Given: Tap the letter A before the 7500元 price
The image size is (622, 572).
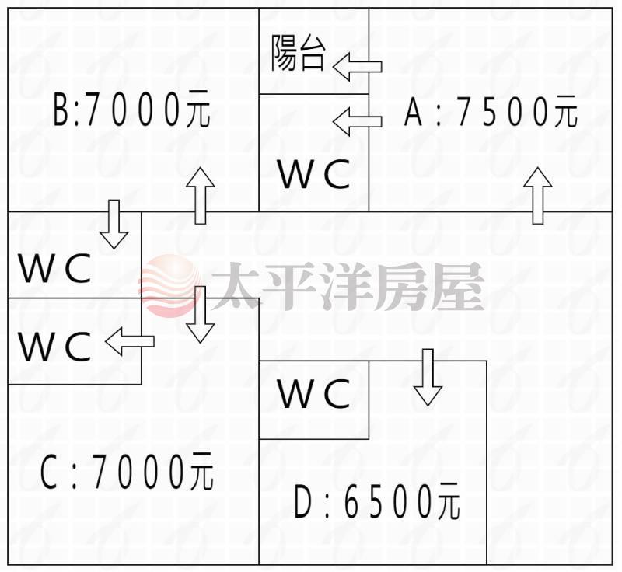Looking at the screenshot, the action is (x=413, y=112).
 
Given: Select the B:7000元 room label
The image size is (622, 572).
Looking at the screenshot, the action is (x=131, y=109).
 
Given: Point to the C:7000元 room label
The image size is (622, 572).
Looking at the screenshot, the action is (x=127, y=471).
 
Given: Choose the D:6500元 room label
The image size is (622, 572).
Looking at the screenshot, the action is (x=377, y=501).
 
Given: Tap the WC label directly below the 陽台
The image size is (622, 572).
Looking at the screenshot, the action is (x=314, y=174).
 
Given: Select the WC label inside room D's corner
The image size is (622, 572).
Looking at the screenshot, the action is (x=314, y=392).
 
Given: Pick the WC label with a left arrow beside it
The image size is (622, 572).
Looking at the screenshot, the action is (x=54, y=346).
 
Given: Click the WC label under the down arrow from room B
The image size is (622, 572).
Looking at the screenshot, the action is (x=54, y=268).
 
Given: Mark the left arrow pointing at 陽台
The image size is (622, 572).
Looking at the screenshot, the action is (x=358, y=67).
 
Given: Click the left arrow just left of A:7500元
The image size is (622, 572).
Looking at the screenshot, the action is (x=358, y=122).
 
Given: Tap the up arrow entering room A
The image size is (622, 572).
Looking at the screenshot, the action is (x=537, y=196).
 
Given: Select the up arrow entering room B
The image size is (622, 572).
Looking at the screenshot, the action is (x=201, y=196).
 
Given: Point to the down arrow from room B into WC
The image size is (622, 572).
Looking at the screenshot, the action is (x=114, y=225).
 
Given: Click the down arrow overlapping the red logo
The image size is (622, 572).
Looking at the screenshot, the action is (x=201, y=314).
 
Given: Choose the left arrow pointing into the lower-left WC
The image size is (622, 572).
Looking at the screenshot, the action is (x=130, y=341).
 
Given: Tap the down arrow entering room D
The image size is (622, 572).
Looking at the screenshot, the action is (x=428, y=378).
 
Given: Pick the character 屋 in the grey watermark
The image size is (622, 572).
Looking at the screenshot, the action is (x=459, y=286).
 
